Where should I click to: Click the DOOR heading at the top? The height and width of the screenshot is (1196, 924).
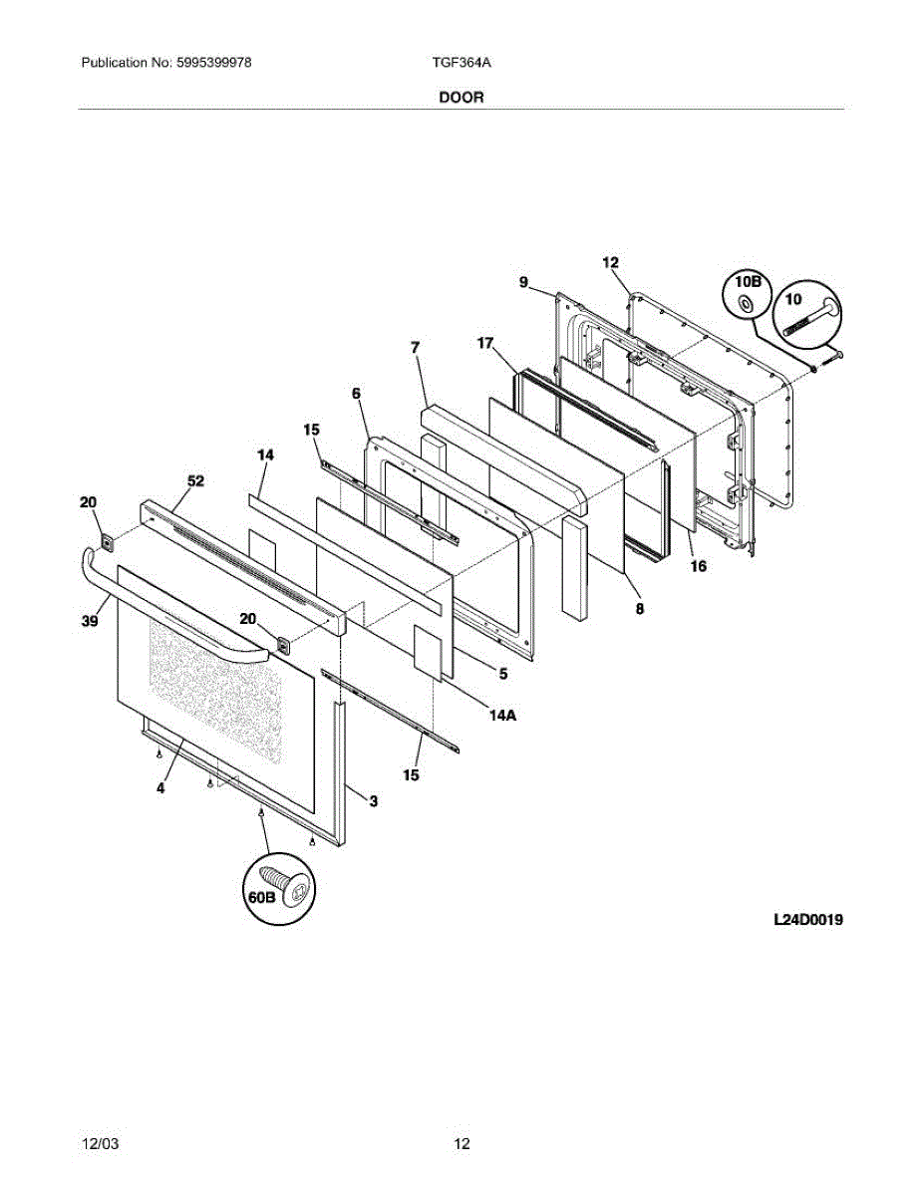[x=461, y=98]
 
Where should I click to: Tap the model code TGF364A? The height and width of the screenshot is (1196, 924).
[x=462, y=63]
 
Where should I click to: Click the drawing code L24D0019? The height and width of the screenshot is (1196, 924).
[x=808, y=921]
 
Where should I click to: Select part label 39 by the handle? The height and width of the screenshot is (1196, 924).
[x=90, y=621]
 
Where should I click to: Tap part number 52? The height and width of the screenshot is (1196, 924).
[x=195, y=481]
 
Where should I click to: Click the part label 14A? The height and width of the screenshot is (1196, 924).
[x=501, y=715]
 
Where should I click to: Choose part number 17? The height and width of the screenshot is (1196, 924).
[x=485, y=344]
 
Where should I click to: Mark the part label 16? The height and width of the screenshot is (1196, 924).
[x=698, y=566]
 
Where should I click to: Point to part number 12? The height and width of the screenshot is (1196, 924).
[x=611, y=262]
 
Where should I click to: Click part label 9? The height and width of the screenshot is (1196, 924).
[x=523, y=282]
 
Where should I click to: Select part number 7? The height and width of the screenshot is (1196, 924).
[x=415, y=347]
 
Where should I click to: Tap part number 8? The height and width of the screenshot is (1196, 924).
[x=639, y=607]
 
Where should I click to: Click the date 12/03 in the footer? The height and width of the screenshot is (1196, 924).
[x=98, y=1143]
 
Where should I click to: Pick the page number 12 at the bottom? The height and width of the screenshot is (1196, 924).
[x=462, y=1143]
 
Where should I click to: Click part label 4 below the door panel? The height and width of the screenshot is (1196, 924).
[x=160, y=787]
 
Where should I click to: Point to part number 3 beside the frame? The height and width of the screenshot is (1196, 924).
[x=373, y=800]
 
